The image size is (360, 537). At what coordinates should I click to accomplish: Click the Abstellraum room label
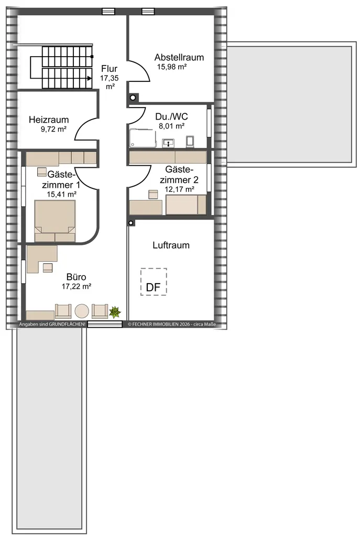(179, 57)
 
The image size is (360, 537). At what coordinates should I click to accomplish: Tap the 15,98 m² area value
(172, 67)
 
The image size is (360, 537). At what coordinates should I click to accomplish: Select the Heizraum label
(49, 120)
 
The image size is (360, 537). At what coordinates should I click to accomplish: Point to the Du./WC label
(171, 116)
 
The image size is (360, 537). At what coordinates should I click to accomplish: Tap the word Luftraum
(171, 245)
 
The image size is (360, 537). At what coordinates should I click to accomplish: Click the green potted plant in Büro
(115, 312)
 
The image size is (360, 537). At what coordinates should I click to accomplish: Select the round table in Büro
(82, 312)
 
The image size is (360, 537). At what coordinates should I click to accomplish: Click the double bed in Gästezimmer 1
(54, 221)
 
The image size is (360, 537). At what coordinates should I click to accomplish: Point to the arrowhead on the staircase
(90, 78)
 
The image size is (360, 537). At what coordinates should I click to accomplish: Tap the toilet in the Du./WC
(190, 142)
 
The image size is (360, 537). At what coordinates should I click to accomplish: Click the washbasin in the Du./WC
(169, 143)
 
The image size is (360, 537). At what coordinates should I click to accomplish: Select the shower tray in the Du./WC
(143, 138)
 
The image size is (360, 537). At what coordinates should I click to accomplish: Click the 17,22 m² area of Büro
(77, 287)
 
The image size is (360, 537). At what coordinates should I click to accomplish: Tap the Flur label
(109, 69)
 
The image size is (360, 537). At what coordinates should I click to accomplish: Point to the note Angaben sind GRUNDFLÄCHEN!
(52, 324)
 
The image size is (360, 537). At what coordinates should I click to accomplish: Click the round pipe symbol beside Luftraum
(130, 223)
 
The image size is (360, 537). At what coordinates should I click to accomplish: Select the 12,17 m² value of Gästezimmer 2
(180, 189)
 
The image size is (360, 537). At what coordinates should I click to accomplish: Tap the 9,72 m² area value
(53, 130)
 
